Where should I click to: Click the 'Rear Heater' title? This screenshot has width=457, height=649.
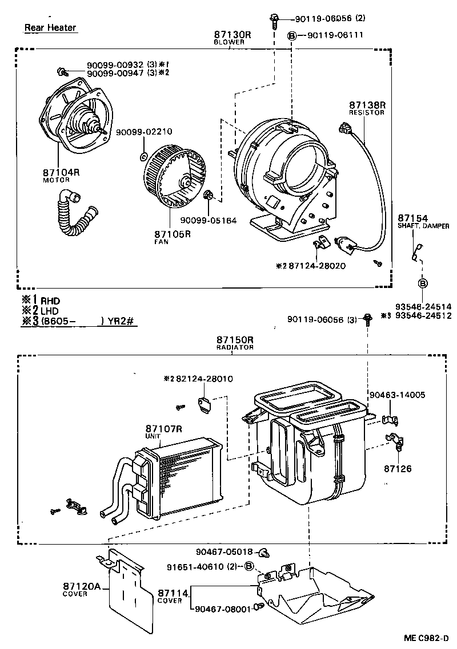50,27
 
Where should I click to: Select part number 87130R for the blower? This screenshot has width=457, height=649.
229,35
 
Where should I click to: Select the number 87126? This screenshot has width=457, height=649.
397,469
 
